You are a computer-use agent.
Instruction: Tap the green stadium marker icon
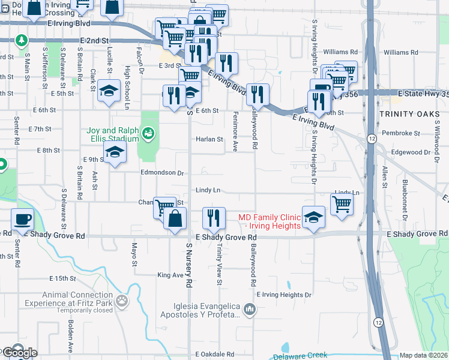coord(148,132)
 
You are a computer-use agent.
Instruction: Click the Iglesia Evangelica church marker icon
coord(250,310)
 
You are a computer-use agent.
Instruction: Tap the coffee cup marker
coord(23,218)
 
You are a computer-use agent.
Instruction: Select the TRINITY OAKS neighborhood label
coord(406,114)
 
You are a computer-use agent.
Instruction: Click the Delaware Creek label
coord(300,356)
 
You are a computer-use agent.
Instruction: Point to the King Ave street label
coord(169,275)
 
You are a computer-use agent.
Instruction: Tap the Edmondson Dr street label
coord(161,173)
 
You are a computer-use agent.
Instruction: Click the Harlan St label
coord(209,139)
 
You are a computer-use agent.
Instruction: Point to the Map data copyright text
coord(424,355)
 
